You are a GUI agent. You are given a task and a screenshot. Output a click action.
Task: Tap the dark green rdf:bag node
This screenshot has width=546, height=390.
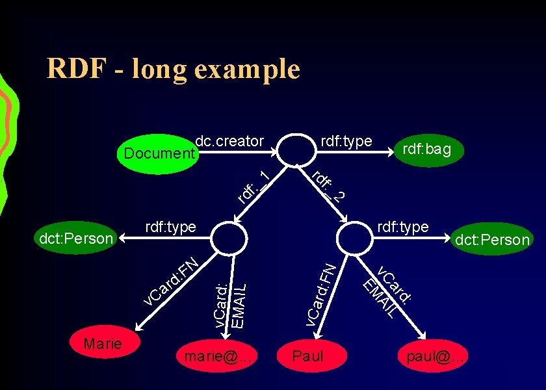[426, 150]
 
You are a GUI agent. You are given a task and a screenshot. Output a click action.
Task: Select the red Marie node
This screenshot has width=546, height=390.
[103, 344]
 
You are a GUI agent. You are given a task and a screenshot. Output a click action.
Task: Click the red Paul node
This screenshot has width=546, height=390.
[307, 356]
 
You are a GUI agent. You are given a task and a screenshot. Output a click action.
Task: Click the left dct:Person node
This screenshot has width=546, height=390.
[76, 239]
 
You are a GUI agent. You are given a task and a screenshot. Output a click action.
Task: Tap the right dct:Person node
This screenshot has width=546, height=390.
[492, 240]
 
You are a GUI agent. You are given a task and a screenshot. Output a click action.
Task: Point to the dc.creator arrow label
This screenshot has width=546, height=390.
[229, 141]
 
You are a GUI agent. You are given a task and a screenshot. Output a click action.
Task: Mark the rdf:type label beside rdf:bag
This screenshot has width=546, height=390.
[346, 141]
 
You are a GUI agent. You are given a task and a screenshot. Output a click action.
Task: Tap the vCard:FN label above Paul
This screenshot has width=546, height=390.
[321, 293]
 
